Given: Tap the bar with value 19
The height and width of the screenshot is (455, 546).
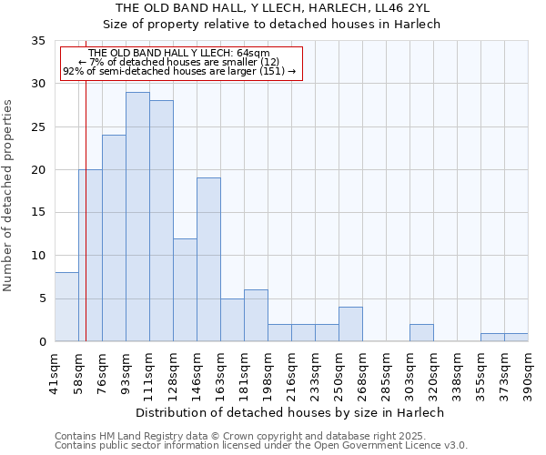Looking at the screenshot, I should pos(208,259).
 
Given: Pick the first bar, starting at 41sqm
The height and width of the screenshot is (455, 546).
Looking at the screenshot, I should pos(66,307).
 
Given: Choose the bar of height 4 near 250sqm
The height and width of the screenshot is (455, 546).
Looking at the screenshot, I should pos(350,324).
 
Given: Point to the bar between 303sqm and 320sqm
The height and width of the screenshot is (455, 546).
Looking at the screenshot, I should pos(421,333).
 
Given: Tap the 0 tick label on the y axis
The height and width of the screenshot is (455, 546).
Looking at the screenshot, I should pos(41,342).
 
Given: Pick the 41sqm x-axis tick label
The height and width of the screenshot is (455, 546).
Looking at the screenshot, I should pos(55,371).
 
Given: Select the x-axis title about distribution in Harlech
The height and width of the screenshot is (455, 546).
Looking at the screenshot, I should pos(291,412).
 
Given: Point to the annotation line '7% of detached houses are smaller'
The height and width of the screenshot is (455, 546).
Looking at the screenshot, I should pos(179,62).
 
